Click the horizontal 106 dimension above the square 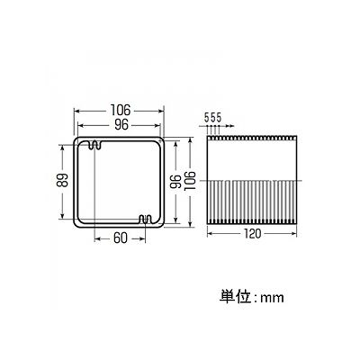(121, 110)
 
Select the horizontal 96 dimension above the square (121, 125)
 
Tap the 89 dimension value (63, 181)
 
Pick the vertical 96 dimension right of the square (175, 182)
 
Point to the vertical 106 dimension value (190, 182)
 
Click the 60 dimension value (121, 238)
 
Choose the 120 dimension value (252, 233)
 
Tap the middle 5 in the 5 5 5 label (212, 117)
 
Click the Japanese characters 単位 (235, 296)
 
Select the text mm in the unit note (272, 298)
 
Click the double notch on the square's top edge (95, 145)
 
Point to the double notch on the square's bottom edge (147, 220)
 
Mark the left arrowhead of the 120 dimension (210, 233)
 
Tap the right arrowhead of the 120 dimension (294, 233)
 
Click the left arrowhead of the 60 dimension (97, 238)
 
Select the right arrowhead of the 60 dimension (143, 238)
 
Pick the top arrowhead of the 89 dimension (62, 148)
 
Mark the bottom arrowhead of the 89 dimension (62, 216)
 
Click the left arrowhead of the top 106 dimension (76, 111)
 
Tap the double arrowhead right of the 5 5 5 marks (229, 126)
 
